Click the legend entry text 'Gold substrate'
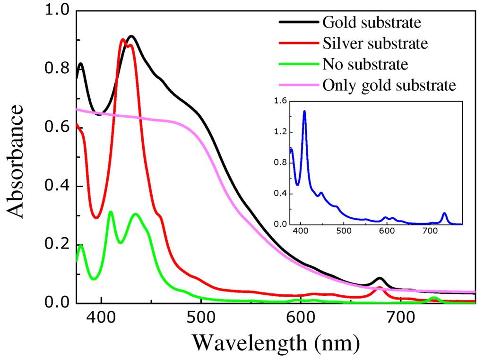point(372,22)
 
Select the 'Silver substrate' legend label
point(375,43)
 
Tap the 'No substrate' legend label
point(365,64)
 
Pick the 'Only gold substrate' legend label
point(389,85)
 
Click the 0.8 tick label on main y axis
point(56,69)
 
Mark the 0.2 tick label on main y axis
point(56,244)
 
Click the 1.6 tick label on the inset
point(278,101)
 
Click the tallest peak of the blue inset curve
point(304,111)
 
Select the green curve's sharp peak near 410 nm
point(111,212)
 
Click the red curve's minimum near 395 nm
point(96,218)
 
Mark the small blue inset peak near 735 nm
point(444,213)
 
